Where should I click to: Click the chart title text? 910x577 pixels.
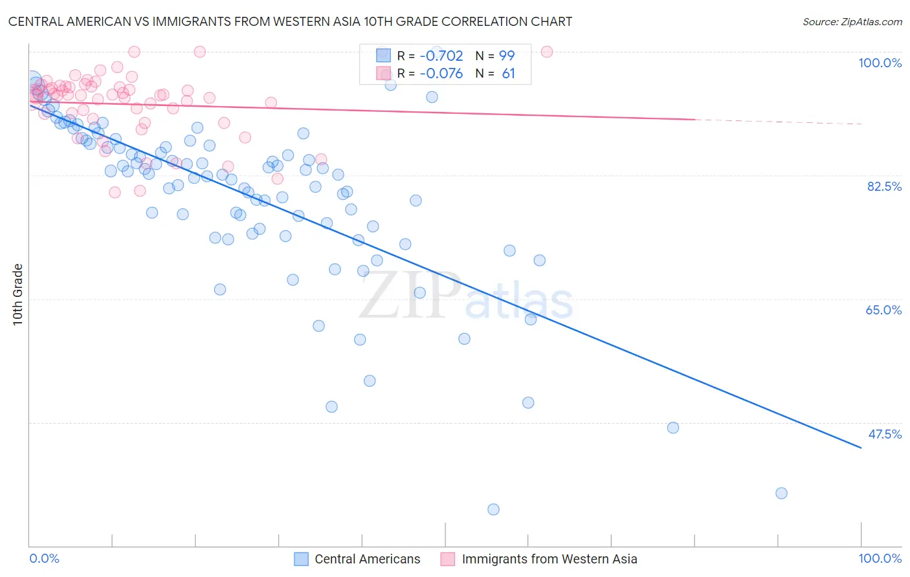point(290,21)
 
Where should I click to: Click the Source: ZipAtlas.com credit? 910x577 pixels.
point(852,21)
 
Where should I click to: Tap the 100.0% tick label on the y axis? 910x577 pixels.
point(880,63)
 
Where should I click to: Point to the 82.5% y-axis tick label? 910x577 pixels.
point(884,186)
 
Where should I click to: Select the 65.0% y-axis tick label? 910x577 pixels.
point(883,310)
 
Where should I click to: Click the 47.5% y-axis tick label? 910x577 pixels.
point(884,434)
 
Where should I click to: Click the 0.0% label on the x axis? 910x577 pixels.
point(44,558)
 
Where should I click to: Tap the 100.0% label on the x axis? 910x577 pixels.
point(880,558)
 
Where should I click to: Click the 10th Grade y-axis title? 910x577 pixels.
point(18,294)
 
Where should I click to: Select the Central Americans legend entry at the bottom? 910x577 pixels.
point(367,559)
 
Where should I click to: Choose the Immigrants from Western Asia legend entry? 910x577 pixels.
point(549,559)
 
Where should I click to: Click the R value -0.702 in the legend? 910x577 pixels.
point(441,56)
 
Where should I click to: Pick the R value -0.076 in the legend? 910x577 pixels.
point(441,74)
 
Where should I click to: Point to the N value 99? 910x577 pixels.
point(506,56)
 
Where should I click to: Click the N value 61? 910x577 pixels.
point(508,74)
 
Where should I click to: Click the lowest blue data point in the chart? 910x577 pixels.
point(493,510)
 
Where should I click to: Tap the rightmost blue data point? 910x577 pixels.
point(781,494)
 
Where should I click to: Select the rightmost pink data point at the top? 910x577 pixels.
point(546,52)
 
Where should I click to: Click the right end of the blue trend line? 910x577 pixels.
point(860,447)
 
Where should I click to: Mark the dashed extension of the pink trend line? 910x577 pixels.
point(777,122)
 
